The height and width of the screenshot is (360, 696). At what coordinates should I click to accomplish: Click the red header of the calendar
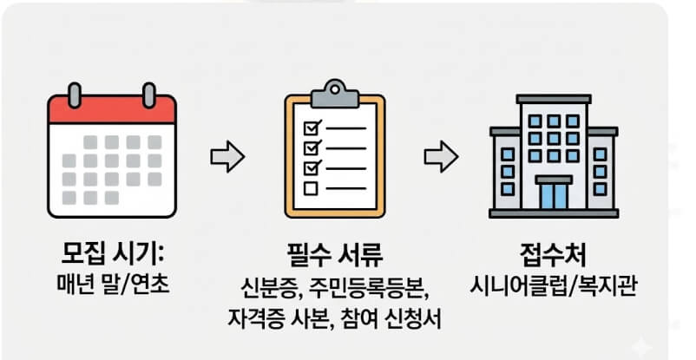pos(112,110)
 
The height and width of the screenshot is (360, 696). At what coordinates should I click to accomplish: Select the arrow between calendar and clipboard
pos(228,157)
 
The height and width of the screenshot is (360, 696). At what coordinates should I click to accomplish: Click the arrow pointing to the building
pos(441,157)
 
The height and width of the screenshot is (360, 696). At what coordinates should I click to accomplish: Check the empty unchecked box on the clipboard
pos(310,187)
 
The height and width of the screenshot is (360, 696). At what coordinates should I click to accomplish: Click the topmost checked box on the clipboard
pos(310,128)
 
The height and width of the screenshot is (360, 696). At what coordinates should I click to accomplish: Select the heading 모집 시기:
pos(112,256)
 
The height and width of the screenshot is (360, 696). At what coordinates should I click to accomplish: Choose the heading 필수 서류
pos(334,256)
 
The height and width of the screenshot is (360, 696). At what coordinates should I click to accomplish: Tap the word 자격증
pos(253,317)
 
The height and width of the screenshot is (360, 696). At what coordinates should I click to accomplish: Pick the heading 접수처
pos(554,256)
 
